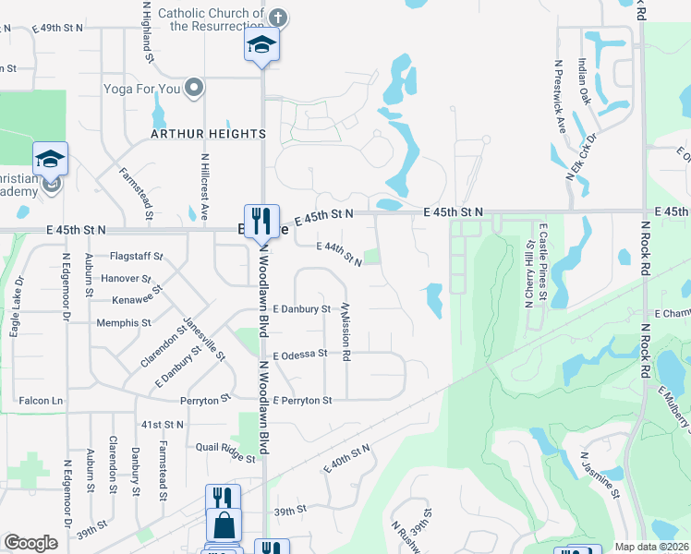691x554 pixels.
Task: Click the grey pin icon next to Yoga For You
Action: pyautogui.click(x=194, y=88)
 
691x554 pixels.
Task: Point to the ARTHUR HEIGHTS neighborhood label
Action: pyautogui.click(x=209, y=134)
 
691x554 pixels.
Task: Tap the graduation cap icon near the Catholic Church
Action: pyautogui.click(x=261, y=44)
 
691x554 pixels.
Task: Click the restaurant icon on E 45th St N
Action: pyautogui.click(x=261, y=221)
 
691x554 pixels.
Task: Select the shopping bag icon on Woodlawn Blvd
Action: pyautogui.click(x=224, y=526)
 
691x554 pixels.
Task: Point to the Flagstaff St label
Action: pyautogui.click(x=136, y=256)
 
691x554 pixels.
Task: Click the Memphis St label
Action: pyautogui.click(x=124, y=323)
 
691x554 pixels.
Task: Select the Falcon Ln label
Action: pyautogui.click(x=43, y=401)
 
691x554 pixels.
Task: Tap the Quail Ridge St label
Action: pyautogui.click(x=218, y=452)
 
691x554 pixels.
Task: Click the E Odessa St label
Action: pyautogui.click(x=300, y=354)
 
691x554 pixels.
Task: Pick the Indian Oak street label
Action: pyautogui.click(x=584, y=81)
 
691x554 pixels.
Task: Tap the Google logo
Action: pyautogui.click(x=30, y=543)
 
